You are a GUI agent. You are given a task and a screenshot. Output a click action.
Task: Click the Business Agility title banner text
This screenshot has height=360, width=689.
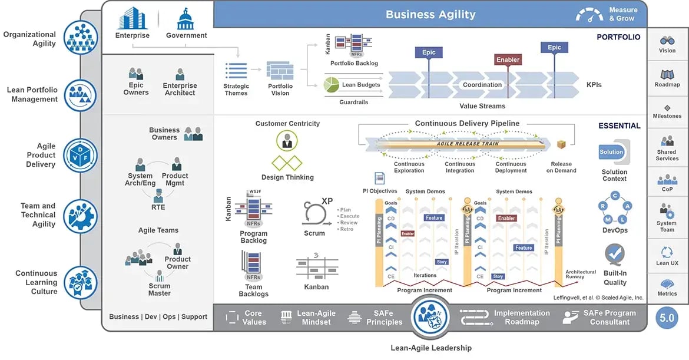[x=430, y=14]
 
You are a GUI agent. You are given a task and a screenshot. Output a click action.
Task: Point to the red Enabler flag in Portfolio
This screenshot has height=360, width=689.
[x=508, y=60]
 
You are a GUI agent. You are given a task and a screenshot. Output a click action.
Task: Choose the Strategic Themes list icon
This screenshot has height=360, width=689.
[x=236, y=71]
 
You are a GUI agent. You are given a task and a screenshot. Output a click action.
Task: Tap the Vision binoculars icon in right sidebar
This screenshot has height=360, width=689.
[x=667, y=41]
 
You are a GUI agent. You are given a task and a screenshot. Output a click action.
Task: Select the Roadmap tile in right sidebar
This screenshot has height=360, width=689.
[x=667, y=78]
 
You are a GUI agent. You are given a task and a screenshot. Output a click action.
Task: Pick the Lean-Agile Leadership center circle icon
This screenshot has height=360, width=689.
[x=431, y=316]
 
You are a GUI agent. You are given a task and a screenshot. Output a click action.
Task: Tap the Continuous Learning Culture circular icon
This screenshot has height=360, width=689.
[x=80, y=282]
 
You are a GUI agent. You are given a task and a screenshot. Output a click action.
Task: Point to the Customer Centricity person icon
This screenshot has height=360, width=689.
[x=287, y=141]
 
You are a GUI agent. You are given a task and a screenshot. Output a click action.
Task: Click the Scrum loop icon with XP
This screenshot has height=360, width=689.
[x=314, y=213]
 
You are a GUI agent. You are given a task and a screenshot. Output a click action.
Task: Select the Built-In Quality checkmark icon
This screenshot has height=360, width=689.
[x=615, y=255]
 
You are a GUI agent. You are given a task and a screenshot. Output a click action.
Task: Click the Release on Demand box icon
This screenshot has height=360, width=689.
[x=561, y=145]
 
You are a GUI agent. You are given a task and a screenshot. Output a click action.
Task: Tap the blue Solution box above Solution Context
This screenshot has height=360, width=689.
[x=611, y=152]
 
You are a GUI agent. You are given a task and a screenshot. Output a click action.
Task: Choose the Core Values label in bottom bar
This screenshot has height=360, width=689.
[x=254, y=318]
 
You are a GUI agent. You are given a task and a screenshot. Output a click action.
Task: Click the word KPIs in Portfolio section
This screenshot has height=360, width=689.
[x=594, y=85]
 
